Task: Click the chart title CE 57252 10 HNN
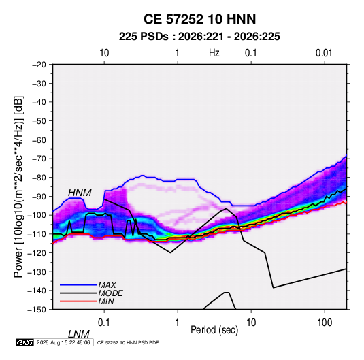point(199,19)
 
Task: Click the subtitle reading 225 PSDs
point(144,37)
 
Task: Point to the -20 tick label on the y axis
point(39,65)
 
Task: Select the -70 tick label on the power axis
point(39,159)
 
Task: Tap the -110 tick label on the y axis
point(37,234)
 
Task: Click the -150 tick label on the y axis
point(37,310)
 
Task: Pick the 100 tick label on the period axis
point(325,323)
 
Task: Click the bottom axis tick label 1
point(177,323)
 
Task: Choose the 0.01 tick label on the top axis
point(324,53)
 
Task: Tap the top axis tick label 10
point(104,53)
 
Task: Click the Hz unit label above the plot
point(214,53)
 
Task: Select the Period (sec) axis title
point(214,330)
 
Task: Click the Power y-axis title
point(18,186)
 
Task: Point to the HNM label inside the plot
point(80,193)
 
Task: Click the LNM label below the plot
point(79,334)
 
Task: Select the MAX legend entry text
point(107,285)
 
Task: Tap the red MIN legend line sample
point(78,301)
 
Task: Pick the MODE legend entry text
point(110,293)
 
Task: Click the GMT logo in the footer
point(25,342)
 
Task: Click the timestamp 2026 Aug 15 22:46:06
point(63,342)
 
